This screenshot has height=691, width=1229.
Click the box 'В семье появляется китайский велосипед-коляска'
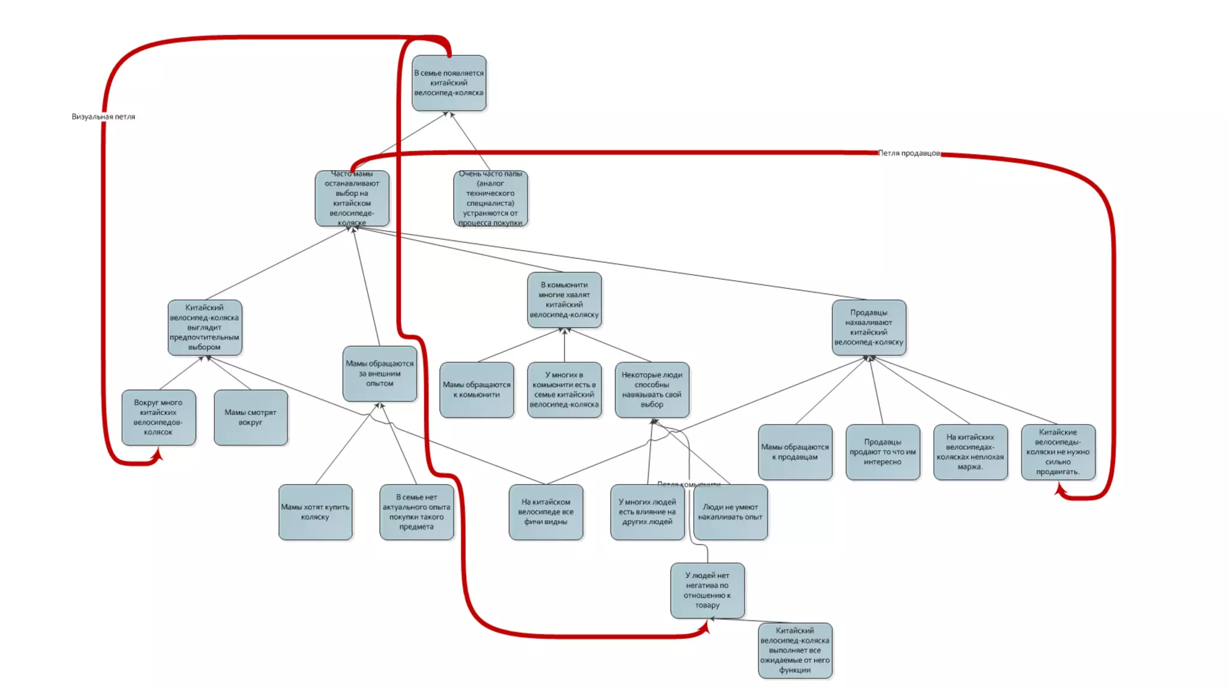tap(449, 83)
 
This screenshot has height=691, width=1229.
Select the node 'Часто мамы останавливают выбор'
tap(352, 199)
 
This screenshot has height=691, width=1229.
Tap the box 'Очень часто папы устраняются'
tap(490, 199)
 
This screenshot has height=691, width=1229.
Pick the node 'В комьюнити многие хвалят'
tap(564, 300)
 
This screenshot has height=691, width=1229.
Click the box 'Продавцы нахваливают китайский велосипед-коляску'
tap(868, 328)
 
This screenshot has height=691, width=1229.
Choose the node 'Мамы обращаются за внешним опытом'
tap(380, 373)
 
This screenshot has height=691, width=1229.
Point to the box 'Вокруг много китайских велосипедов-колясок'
tap(158, 417)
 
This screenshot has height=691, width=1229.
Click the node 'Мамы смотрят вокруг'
tap(251, 417)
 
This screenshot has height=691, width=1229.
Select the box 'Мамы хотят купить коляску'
tap(315, 512)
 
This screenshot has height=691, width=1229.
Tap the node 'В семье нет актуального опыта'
tap(416, 512)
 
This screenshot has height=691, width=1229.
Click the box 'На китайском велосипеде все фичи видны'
tap(545, 512)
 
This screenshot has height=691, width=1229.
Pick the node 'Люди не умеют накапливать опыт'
tap(730, 512)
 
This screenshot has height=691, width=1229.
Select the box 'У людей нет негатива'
tap(708, 590)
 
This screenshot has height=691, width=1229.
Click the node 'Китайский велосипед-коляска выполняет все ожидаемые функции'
tap(795, 650)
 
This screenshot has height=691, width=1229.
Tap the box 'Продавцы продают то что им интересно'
tap(883, 452)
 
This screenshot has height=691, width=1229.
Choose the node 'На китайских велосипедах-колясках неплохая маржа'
tap(970, 452)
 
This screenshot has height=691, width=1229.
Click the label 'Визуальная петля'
tap(103, 117)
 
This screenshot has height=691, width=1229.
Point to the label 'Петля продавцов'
tap(909, 154)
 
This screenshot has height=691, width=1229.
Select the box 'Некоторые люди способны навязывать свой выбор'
tap(652, 390)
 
